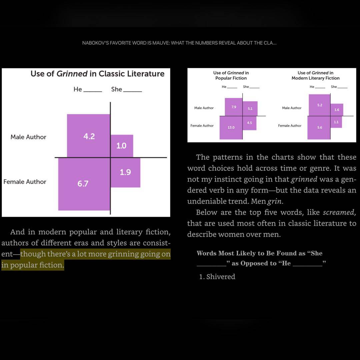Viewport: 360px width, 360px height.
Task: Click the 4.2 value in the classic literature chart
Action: point(89,136)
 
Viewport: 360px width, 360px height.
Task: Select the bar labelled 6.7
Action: point(84,184)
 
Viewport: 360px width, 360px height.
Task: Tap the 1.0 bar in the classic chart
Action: point(122,146)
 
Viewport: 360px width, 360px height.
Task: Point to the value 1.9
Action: point(125,172)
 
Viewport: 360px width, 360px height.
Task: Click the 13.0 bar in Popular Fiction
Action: point(231,128)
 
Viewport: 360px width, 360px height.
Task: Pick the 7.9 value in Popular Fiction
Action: point(234,107)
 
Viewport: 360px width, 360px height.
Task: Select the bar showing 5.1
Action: point(250,109)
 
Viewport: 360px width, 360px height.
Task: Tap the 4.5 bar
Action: point(250,123)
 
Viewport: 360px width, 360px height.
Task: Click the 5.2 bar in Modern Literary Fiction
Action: point(319,105)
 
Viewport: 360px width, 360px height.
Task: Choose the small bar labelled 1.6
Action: point(337,110)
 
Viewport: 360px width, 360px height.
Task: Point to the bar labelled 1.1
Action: point(336,122)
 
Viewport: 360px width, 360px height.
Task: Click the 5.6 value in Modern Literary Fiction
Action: point(320,128)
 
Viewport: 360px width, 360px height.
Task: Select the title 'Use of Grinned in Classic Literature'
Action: point(97,74)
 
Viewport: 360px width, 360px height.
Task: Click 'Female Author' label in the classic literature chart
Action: point(25,182)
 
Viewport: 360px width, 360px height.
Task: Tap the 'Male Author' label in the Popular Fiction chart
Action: point(204,108)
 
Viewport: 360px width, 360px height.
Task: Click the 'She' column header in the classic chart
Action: point(117,89)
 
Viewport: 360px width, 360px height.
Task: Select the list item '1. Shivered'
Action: point(217,277)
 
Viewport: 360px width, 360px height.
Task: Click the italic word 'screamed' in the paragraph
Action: point(339,212)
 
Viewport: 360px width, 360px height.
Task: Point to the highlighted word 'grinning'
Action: point(123,254)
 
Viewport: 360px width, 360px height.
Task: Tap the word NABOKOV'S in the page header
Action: point(96,43)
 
